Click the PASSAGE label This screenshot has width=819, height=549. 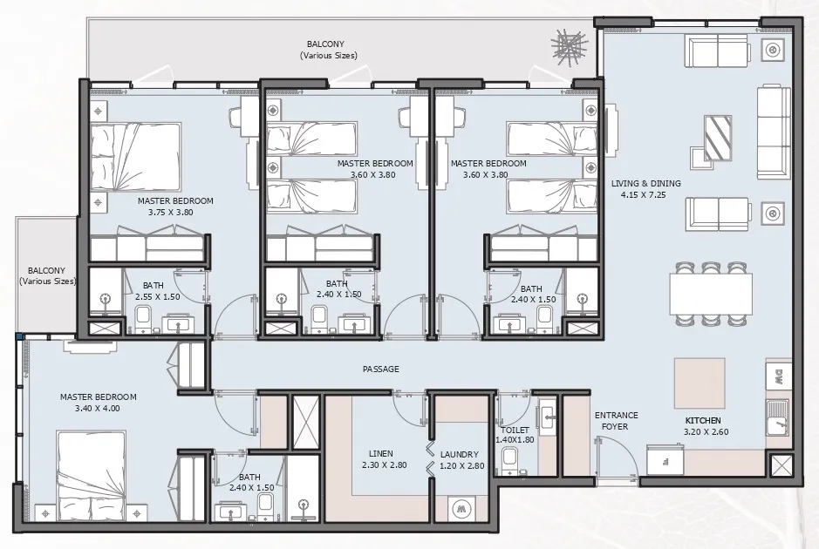click(380, 369)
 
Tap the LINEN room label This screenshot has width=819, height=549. click(380, 454)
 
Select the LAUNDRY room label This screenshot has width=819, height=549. click(459, 454)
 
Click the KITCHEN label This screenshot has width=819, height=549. click(703, 421)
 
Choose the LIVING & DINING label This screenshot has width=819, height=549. click(645, 184)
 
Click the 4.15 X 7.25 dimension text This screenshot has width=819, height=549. click(645, 197)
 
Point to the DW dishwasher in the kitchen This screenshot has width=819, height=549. click(776, 377)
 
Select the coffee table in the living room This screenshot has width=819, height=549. click(719, 135)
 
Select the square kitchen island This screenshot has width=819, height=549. click(699, 383)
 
